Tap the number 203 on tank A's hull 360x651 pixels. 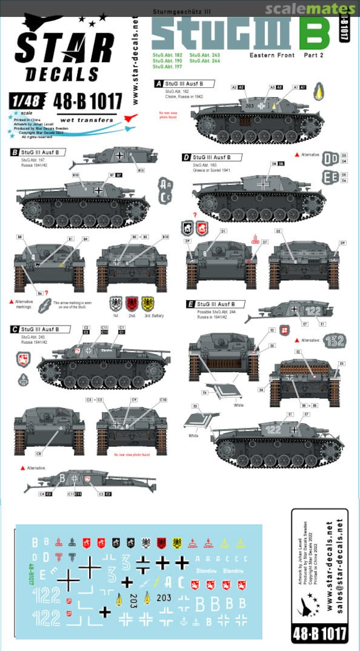point(250,105)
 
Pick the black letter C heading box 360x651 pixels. point(14,329)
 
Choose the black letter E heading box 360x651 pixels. point(191,304)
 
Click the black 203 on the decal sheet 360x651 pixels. point(163,597)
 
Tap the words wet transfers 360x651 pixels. point(87,120)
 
